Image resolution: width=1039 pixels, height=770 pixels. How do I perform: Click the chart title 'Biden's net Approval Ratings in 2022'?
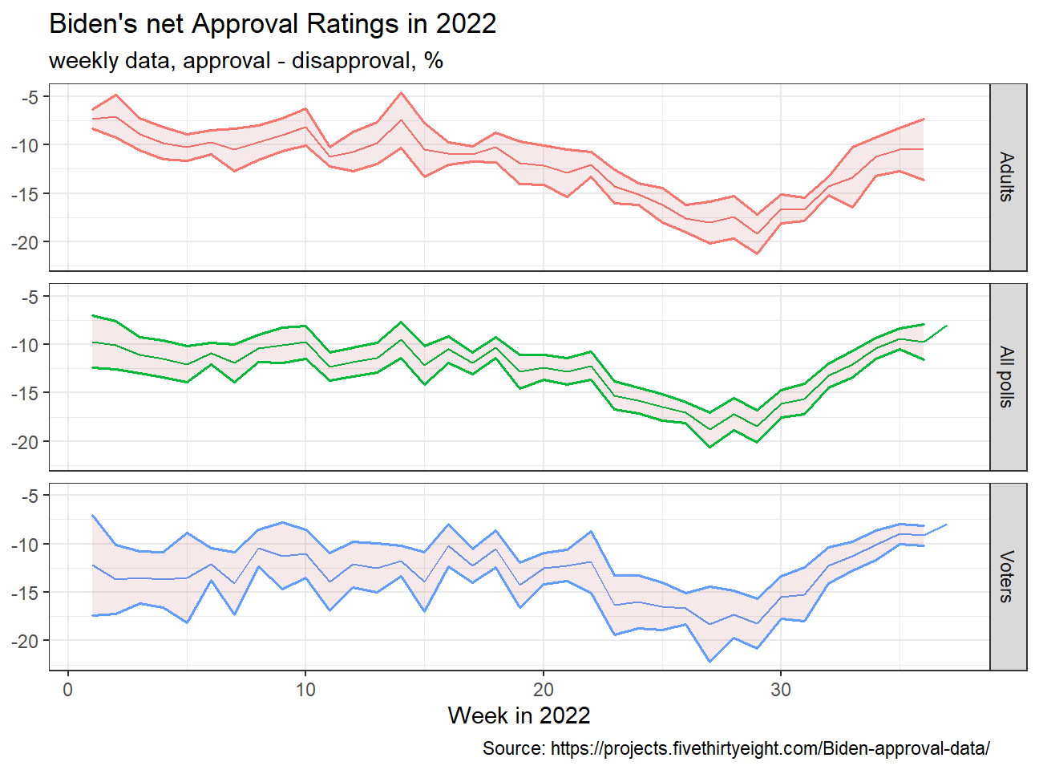[272, 24]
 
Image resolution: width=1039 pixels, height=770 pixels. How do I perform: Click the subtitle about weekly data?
[246, 61]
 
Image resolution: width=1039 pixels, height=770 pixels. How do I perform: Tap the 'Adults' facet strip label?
[1007, 176]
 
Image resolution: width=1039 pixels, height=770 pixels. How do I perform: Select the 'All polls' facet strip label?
[1007, 377]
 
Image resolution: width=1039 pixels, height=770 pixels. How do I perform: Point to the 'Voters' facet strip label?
[1007, 577]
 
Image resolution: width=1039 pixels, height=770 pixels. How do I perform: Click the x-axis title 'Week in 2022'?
[519, 715]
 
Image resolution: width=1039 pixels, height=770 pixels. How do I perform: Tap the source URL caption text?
[736, 748]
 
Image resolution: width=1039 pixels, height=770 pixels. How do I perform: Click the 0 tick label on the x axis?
[68, 690]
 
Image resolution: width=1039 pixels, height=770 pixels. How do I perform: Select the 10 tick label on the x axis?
[305, 690]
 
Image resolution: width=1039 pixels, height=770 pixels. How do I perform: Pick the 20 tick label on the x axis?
[544, 690]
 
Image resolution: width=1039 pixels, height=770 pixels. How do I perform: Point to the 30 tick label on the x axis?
[781, 690]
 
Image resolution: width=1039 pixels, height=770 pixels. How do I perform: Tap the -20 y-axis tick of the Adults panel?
[26, 242]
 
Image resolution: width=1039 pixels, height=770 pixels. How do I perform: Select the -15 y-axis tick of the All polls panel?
[26, 393]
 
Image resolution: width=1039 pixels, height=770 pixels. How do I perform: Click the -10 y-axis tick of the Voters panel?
[26, 544]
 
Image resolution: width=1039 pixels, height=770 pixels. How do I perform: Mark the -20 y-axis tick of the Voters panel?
[26, 641]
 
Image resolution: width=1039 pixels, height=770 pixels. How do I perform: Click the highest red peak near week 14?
[401, 93]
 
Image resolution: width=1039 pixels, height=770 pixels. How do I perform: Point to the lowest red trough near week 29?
[757, 253]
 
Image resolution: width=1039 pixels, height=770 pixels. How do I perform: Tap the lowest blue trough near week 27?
[710, 662]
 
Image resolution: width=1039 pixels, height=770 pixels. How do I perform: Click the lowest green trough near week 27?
[710, 447]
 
